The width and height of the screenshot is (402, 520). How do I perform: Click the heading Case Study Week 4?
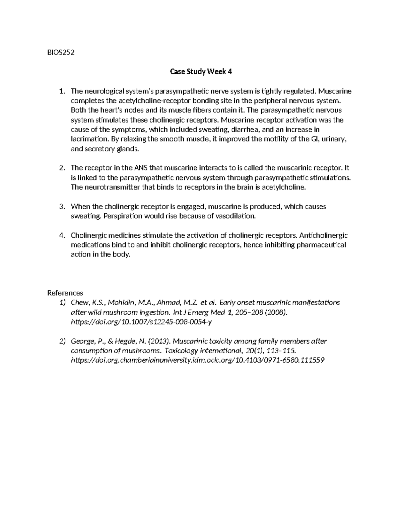[201, 72]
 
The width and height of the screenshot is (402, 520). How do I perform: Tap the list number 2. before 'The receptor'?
[61, 168]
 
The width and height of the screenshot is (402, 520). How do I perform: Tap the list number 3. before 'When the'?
[61, 207]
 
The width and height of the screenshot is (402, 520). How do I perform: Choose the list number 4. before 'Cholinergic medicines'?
[61, 235]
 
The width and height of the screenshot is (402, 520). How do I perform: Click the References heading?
[65, 293]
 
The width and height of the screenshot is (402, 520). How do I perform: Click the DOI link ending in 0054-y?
[142, 322]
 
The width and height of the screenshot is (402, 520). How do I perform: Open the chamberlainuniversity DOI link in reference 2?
[198, 361]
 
